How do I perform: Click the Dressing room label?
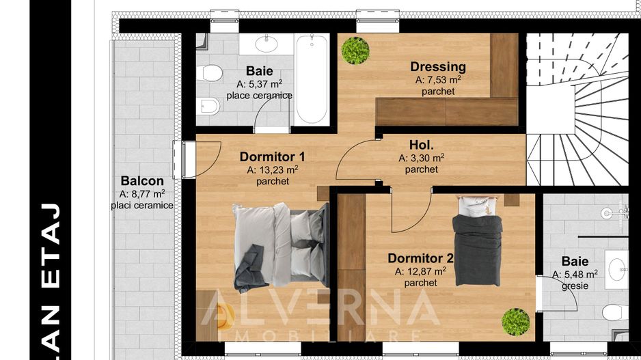click(438, 66)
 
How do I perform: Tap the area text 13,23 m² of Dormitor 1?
click(272, 169)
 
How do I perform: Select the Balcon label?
click(142, 180)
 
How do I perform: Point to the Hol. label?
click(421, 145)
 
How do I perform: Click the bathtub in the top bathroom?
click(312, 79)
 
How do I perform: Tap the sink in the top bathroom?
click(266, 44)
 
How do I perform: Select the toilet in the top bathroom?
click(209, 73)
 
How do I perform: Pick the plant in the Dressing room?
click(355, 51)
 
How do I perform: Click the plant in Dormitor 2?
click(515, 322)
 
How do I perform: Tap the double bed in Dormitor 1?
click(280, 247)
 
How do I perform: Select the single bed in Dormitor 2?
click(478, 240)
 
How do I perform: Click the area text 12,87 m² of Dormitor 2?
click(420, 271)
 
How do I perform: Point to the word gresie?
click(575, 286)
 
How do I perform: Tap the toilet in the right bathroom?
click(615, 312)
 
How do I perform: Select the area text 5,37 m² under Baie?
click(259, 84)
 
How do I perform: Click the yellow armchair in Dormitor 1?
click(223, 316)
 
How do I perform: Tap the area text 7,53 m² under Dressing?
click(438, 79)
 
